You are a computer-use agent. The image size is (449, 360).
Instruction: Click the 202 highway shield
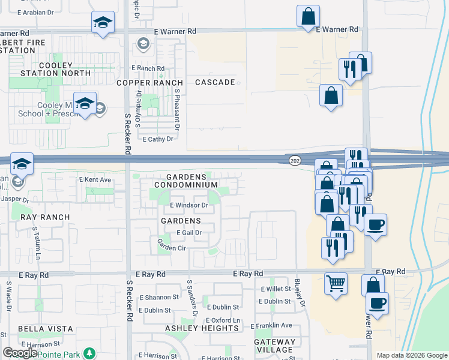[295, 159]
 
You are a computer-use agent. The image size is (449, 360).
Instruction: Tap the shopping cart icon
[336, 282]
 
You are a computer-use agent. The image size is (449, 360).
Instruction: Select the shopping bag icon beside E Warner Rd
[308, 16]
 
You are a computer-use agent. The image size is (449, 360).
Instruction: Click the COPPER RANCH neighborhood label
[149, 83]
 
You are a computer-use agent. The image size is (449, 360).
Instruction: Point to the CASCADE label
[215, 82]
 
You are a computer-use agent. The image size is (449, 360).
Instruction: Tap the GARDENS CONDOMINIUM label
[185, 181]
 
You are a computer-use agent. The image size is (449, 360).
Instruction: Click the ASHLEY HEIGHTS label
[202, 328]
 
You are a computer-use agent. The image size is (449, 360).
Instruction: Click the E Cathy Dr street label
[157, 139]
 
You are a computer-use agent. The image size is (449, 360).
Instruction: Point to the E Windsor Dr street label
[188, 205]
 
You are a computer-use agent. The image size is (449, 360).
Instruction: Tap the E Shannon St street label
[159, 297]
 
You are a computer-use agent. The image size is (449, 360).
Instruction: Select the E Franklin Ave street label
[271, 325]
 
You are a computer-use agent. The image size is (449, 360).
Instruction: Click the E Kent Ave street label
[95, 179]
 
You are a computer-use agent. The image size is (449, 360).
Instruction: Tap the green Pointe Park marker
[89, 352]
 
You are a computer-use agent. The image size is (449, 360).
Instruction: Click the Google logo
[20, 353]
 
